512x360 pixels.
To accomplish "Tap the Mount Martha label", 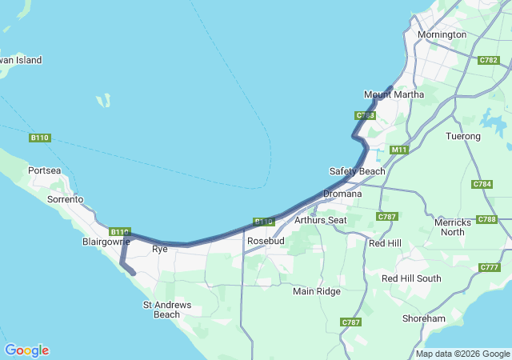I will tap(394, 94).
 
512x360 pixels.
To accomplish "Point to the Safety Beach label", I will tap(357, 171).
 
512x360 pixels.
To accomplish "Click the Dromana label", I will tap(342, 194).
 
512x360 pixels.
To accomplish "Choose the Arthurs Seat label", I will tap(320, 220).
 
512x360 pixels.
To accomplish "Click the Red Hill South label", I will tap(411, 278).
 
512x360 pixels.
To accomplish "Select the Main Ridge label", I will tap(316, 291).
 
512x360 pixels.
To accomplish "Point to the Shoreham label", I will tap(424, 318).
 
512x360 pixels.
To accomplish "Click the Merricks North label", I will tap(452, 226).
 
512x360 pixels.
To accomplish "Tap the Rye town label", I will tap(158, 250).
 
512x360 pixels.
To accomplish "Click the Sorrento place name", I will tap(66, 199).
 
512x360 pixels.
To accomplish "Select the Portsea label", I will tap(44, 170).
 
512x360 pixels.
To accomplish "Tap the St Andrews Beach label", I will tap(166, 310).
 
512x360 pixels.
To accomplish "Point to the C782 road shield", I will tap(489, 60).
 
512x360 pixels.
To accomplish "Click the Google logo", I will tap(26, 350).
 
